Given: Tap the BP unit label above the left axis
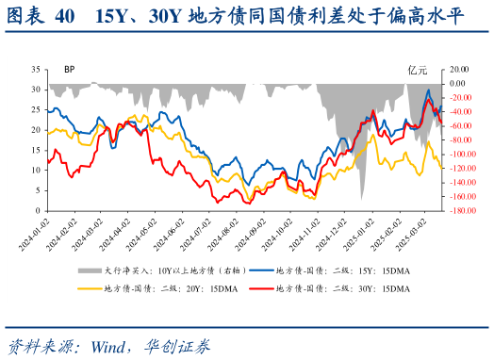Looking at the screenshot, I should (x=70, y=70).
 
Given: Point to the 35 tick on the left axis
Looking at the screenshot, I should (x=35, y=69).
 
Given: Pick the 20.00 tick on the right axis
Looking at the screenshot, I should (x=459, y=69).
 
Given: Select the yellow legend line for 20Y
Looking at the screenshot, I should (x=87, y=287).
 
